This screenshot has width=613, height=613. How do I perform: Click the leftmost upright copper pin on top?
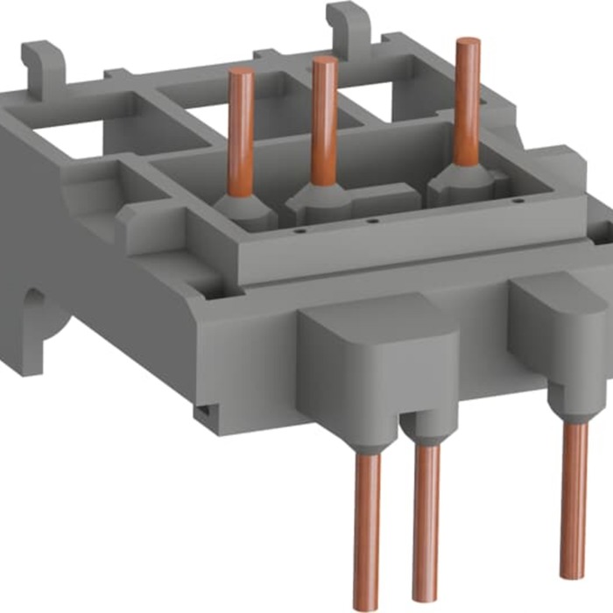pos(240,131)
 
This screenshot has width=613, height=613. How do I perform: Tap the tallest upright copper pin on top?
pos(466,105)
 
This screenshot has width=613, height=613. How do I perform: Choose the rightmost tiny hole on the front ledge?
pos(443,213)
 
